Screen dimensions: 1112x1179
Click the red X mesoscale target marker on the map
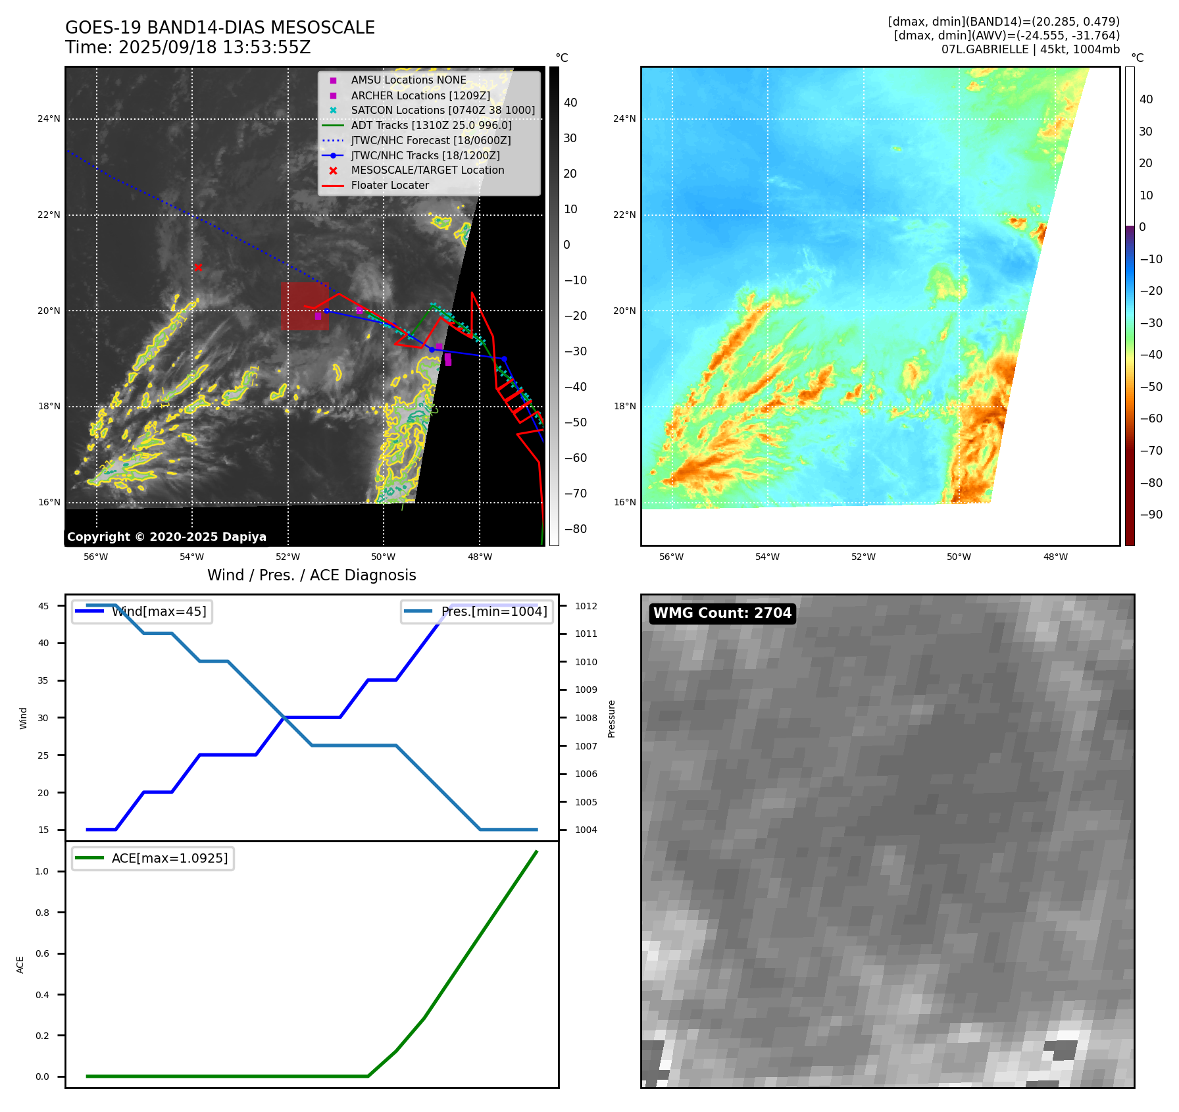click(x=198, y=267)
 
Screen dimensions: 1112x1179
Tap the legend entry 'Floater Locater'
click(x=389, y=186)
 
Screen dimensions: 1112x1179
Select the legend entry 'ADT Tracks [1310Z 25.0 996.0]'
click(x=431, y=125)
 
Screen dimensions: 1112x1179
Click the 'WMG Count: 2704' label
click(x=722, y=613)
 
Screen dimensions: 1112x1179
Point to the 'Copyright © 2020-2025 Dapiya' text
click(x=166, y=537)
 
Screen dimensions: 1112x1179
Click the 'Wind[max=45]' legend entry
click(x=159, y=612)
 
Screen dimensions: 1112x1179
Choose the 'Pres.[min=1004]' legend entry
click(x=493, y=612)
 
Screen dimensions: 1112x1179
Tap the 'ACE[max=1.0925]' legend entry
click(x=169, y=859)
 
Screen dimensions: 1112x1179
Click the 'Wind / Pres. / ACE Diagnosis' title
click(x=311, y=575)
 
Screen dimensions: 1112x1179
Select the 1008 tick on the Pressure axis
click(x=586, y=718)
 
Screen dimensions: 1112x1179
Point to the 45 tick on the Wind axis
click(x=43, y=606)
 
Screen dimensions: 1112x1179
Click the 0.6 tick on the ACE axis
click(x=42, y=953)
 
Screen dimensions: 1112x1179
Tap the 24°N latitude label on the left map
click(x=49, y=119)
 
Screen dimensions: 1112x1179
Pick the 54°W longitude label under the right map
click(x=767, y=557)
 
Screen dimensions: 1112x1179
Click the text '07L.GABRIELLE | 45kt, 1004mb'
click(x=1030, y=49)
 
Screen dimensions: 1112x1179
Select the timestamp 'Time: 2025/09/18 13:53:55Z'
click(x=188, y=48)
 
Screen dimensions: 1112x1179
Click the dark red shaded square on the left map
click(x=305, y=306)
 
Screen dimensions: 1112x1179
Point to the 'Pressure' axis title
click(x=611, y=719)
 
